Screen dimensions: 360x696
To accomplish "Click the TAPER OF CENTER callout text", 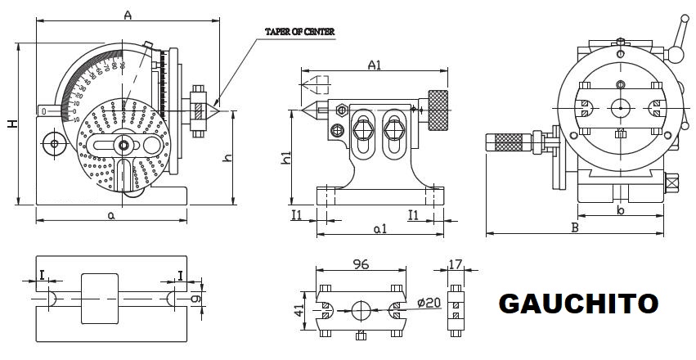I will point(299,31).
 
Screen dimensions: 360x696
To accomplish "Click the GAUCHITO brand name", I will point(578,304).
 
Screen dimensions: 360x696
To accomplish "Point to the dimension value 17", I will point(457,264).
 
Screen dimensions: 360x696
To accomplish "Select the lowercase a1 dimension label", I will point(379,230).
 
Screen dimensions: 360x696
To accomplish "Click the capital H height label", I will point(11,123).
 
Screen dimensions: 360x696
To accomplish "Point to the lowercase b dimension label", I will point(621,211).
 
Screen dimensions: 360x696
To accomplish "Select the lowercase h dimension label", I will point(228,157).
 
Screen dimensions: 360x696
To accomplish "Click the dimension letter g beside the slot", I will point(196,299).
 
